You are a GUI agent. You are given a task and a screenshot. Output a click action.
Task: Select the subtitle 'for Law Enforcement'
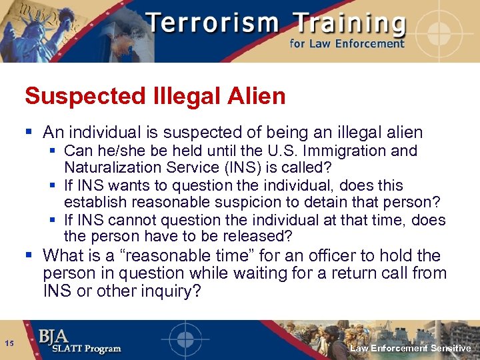(346, 44)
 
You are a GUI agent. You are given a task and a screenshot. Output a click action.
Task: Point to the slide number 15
(10, 343)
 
